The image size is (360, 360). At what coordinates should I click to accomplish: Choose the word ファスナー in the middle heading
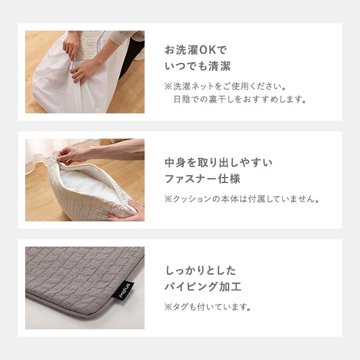click(191, 179)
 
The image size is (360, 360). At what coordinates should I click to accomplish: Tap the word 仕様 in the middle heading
click(229, 179)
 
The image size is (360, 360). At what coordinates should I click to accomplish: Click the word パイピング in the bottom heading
click(191, 287)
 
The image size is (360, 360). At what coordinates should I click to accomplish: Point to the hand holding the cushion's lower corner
click(127, 212)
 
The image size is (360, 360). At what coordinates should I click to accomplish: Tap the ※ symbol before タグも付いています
click(168, 307)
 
